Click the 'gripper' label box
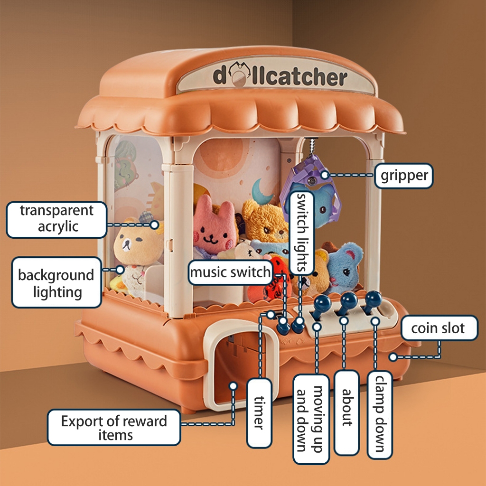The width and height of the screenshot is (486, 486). [x=404, y=176]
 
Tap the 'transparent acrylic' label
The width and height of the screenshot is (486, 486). [x=56, y=218]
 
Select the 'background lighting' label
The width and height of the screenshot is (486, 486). [x=56, y=283]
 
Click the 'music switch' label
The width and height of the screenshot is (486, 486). [x=231, y=273]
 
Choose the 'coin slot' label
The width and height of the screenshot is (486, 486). [x=438, y=328]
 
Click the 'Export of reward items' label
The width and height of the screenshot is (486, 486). [x=114, y=428]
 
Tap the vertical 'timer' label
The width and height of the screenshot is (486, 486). [x=259, y=412]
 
